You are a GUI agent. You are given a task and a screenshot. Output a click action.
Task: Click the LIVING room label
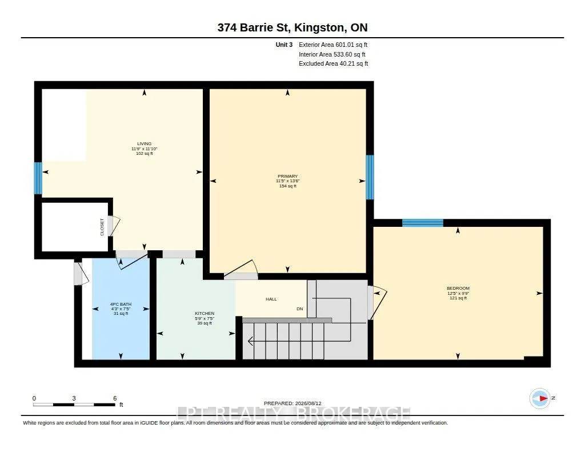pyautogui.click(x=145, y=143)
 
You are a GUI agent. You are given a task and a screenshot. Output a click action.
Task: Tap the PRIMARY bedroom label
pyautogui.click(x=288, y=176)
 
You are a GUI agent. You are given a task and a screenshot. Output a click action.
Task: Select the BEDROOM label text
pyautogui.click(x=458, y=288)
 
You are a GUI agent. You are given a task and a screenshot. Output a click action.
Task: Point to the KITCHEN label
pyautogui.click(x=205, y=314)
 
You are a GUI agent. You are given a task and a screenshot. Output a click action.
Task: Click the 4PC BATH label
pyautogui.click(x=121, y=304)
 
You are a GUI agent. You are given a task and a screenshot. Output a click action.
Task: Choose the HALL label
pyautogui.click(x=271, y=299)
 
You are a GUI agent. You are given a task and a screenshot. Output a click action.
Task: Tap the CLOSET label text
pyautogui.click(x=102, y=227)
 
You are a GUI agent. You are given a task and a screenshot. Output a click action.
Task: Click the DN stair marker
pyautogui.click(x=299, y=309)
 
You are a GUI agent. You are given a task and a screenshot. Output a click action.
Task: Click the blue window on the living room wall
pyautogui.click(x=38, y=178)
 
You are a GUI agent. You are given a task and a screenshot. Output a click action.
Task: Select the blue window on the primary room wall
pyautogui.click(x=370, y=177)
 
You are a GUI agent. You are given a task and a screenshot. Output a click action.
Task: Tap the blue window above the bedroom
pyautogui.click(x=423, y=223)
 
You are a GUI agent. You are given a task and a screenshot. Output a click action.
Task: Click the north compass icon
pyautogui.click(x=540, y=398)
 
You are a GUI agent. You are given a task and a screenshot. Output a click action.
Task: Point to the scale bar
pyautogui.click(x=74, y=405)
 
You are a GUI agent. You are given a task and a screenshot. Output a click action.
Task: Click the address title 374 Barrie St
pyautogui.click(x=292, y=27)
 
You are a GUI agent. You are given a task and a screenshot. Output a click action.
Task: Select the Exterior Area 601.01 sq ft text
pyautogui.click(x=333, y=45)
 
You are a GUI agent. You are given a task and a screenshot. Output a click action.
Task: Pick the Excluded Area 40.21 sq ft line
pyautogui.click(x=334, y=64)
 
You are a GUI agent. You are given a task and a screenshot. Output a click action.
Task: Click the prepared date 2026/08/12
pyautogui.click(x=308, y=403)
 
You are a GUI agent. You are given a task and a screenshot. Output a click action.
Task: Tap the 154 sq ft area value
pyautogui.click(x=288, y=186)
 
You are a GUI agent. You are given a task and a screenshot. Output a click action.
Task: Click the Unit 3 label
pyautogui.click(x=284, y=45)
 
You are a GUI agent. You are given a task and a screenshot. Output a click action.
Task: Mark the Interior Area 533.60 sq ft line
pyautogui.click(x=332, y=54)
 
